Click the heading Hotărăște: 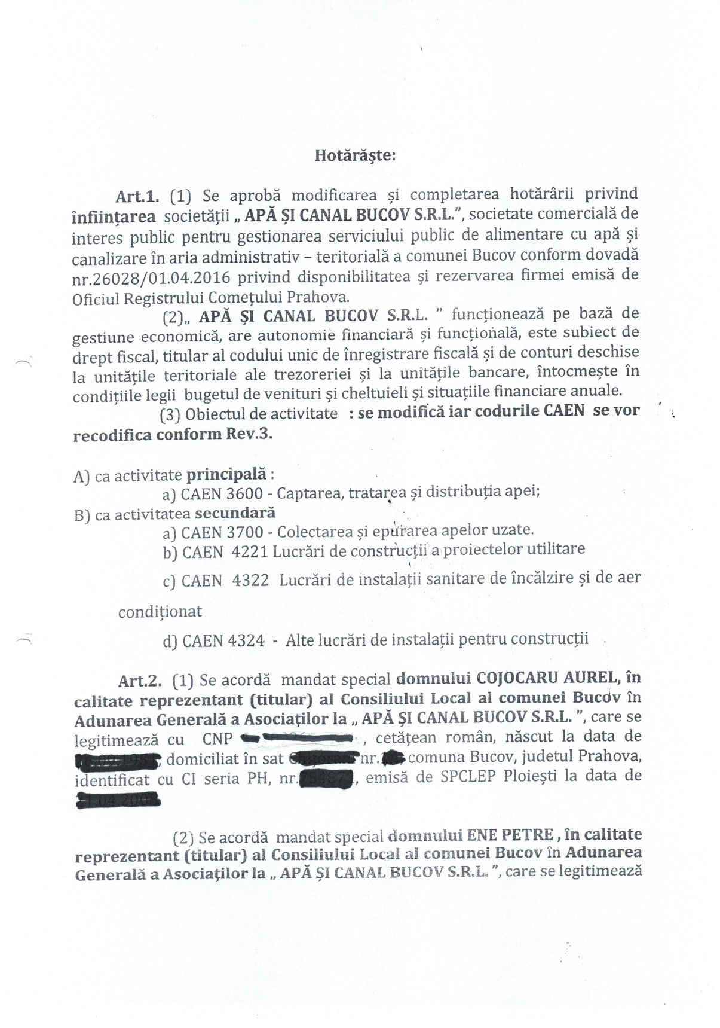354,156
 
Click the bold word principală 226,475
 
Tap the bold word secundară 235,513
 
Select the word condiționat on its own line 160,612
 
